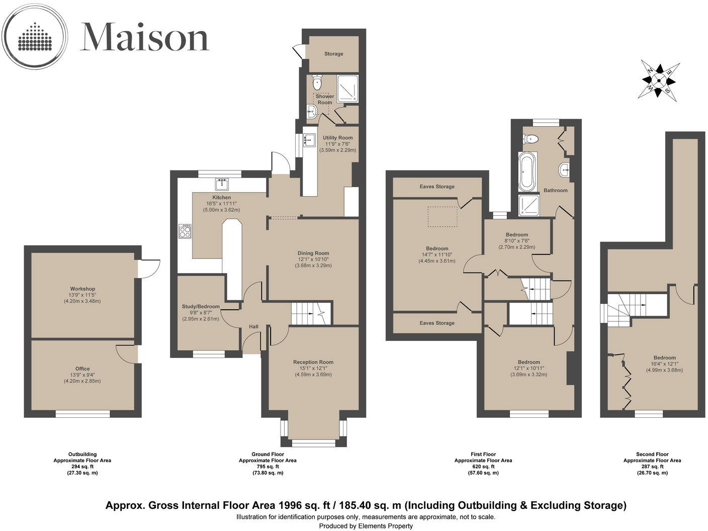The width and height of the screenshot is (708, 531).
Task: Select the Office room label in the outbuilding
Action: point(82,369)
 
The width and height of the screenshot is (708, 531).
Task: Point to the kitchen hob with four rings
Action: point(185,231)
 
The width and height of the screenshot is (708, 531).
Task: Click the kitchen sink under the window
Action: point(222,183)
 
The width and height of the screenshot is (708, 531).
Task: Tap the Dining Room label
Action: point(313,253)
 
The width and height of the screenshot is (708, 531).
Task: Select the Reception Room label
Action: point(313,362)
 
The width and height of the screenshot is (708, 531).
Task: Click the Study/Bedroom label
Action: point(201,306)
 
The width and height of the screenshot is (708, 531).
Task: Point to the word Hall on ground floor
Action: point(253,327)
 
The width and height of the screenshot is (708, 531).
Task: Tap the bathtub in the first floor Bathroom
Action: point(527,172)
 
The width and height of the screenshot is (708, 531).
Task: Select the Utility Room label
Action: point(337,137)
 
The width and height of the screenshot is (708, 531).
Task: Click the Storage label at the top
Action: point(333,54)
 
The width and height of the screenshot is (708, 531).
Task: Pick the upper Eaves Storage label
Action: point(437,187)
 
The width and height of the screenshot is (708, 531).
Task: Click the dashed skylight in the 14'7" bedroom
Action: point(442,217)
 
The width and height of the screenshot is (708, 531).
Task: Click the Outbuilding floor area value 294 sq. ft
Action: point(82,467)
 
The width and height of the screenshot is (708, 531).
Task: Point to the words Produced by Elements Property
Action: point(366,526)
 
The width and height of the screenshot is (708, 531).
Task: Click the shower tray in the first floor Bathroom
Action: point(528,206)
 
